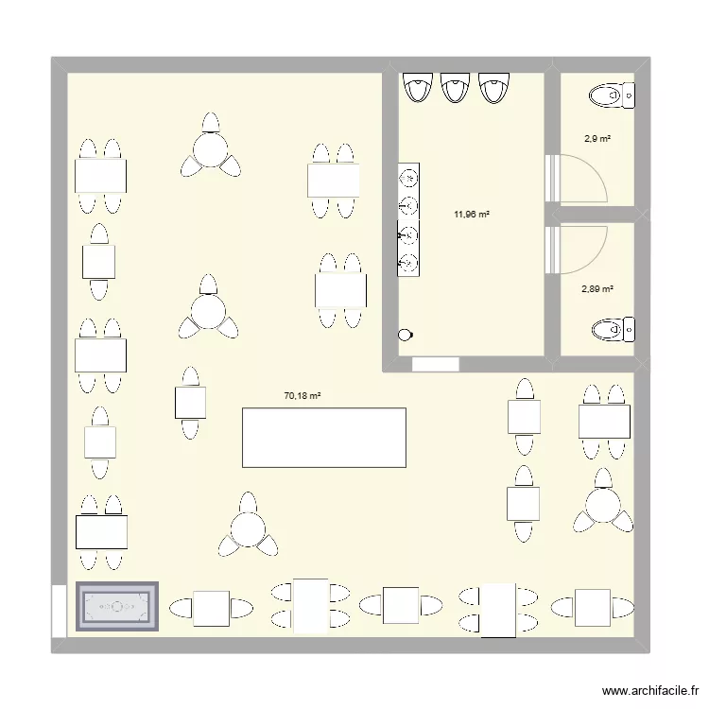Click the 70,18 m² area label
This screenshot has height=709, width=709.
click(303, 397)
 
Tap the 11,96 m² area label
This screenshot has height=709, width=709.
click(471, 214)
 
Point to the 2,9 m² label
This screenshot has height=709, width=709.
click(597, 139)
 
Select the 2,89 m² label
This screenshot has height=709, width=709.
click(597, 289)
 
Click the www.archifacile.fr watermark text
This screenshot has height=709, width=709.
click(648, 691)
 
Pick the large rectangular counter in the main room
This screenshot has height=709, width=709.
click(324, 437)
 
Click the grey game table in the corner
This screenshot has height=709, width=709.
click(117, 607)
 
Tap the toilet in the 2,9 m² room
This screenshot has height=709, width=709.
click(609, 95)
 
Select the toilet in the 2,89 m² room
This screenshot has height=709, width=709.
click(611, 330)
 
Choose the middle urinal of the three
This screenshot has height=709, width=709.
click(454, 88)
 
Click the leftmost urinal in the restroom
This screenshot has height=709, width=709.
click(416, 88)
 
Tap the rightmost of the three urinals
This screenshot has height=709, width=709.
click(492, 88)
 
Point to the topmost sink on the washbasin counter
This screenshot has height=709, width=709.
click(409, 177)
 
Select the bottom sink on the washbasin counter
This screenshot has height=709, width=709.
click(409, 262)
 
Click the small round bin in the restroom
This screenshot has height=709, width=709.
click(406, 334)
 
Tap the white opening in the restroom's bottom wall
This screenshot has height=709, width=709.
click(435, 363)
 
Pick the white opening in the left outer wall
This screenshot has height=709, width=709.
click(59, 608)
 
